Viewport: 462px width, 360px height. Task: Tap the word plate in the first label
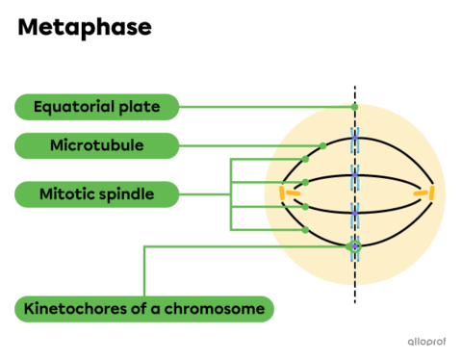[139, 105]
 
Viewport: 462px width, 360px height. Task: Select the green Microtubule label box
[96, 146]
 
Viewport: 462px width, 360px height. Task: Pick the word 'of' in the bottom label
[149, 309]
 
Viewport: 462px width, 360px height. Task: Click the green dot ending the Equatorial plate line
[354, 106]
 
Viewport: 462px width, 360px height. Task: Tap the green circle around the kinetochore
[354, 246]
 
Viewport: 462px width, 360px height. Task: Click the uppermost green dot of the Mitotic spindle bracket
[304, 159]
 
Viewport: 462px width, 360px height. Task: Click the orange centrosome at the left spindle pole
[284, 194]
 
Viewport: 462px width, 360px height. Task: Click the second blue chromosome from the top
[354, 176]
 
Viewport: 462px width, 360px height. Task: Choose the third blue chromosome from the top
[354, 212]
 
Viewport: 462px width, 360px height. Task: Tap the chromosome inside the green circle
[354, 247]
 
